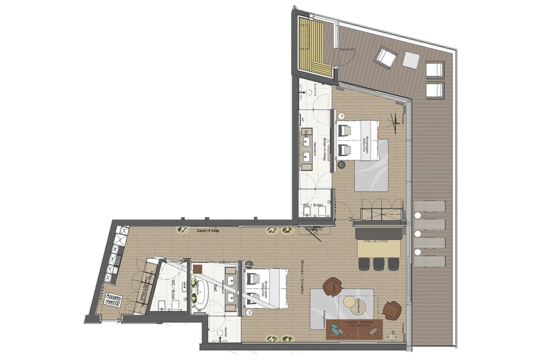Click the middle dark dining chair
(379, 263)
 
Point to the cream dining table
(379, 248)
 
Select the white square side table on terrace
(411, 61)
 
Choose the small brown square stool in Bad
(197, 268)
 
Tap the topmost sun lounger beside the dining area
(430, 206)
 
